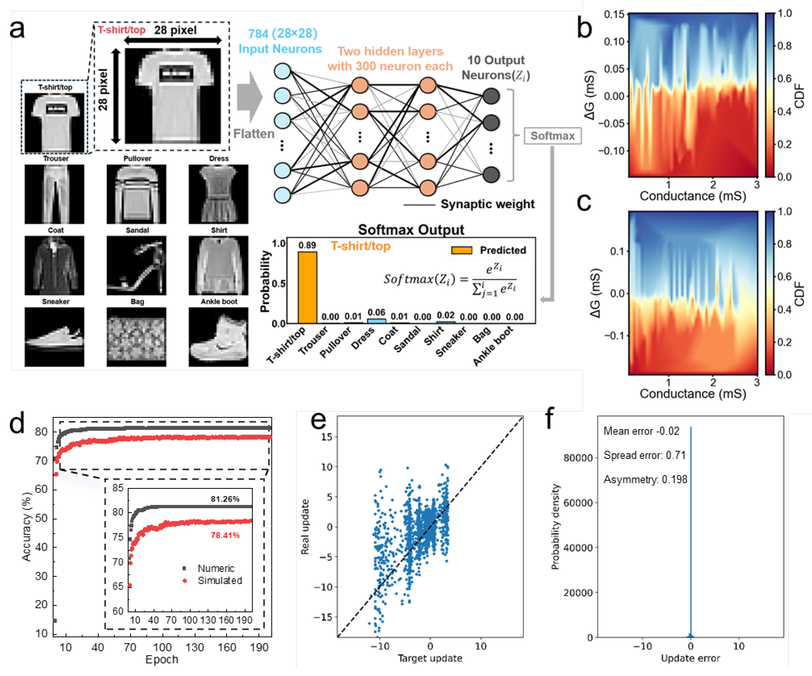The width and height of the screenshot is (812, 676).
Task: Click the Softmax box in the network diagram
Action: [x=552, y=136]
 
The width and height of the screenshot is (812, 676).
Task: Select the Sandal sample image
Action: [x=136, y=265]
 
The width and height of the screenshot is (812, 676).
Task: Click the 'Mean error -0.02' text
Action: [x=641, y=431]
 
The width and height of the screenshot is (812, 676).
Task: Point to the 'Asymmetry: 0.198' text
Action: [x=645, y=480]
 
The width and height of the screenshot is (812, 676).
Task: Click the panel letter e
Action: [x=318, y=421]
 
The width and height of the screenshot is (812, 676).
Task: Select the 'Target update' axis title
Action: [x=430, y=658]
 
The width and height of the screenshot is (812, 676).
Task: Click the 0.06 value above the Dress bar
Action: [x=376, y=312]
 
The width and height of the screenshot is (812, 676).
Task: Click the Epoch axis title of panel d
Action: [x=162, y=659]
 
